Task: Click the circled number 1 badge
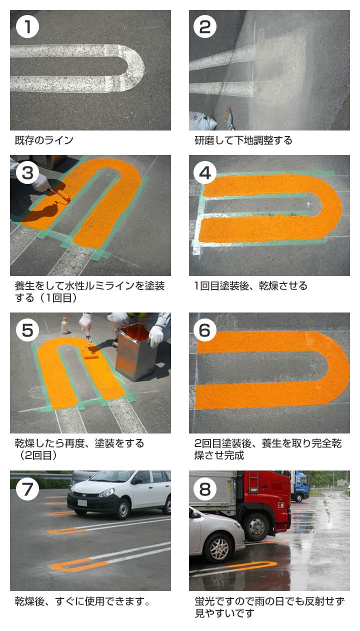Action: (27, 27)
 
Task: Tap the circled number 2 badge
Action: (205, 27)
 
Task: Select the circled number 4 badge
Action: (205, 172)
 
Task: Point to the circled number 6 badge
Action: (205, 330)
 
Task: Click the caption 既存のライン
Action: (44, 140)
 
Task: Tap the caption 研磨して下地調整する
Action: (243, 140)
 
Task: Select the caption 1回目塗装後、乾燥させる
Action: (250, 285)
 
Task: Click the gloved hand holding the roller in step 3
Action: (41, 182)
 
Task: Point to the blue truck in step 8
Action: (299, 486)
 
